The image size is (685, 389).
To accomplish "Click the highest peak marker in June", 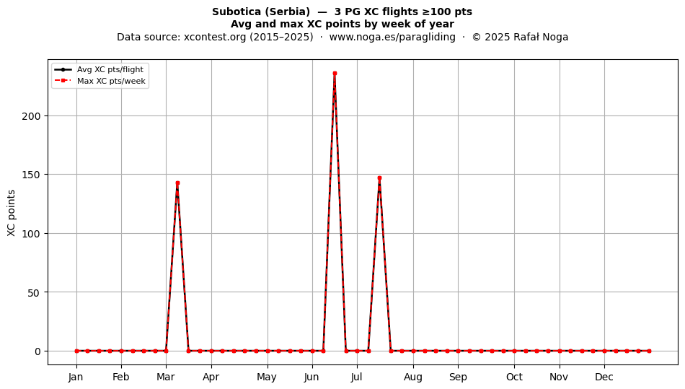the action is (335, 74).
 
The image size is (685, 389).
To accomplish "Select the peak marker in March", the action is (177, 183).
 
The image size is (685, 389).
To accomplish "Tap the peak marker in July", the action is (379, 178).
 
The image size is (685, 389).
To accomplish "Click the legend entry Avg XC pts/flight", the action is (110, 69).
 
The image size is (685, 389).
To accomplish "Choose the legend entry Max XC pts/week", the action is (111, 81).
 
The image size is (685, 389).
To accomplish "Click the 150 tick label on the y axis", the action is (31, 175).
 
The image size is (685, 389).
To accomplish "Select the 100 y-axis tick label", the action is (31, 234).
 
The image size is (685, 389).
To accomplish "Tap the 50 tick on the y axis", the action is (34, 292).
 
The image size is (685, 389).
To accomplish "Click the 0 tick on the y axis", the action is (37, 351).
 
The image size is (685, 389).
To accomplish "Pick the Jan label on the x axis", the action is (76, 377).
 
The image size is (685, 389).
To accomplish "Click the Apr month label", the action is (211, 377).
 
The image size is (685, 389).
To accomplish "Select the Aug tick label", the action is (413, 377).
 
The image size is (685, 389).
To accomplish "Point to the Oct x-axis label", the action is (514, 377).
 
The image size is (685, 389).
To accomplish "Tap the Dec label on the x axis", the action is (604, 377).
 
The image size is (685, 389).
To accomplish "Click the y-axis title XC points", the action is (12, 213).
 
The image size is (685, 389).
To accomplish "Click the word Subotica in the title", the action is (237, 12).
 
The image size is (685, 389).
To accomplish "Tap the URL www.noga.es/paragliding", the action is (392, 37).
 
